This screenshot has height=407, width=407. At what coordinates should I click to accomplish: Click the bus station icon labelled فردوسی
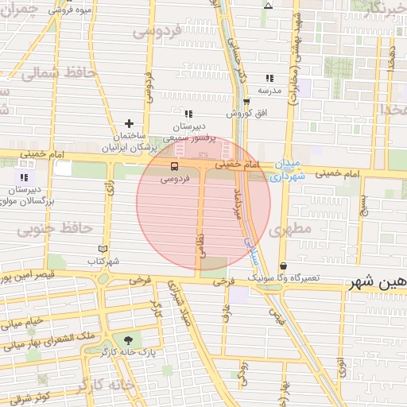[174, 165]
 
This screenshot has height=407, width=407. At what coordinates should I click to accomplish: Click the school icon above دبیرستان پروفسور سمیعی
[188, 114]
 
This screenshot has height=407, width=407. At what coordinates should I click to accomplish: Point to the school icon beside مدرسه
[270, 78]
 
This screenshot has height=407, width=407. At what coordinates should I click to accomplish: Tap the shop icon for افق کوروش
[246, 102]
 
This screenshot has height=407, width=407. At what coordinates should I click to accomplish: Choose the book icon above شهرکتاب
[103, 249]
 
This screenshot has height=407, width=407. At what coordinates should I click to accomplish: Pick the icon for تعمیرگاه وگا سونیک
[283, 266]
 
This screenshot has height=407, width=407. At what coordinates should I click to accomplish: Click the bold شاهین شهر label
[377, 282]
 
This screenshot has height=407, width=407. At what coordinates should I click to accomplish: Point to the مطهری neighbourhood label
[287, 230]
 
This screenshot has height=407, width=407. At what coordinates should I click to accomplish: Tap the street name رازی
[109, 185]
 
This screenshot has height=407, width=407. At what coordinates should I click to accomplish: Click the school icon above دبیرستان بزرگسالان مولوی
[24, 176]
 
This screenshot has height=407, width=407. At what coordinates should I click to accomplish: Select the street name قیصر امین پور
[28, 279]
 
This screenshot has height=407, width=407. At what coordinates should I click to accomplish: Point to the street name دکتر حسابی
[235, 55]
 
